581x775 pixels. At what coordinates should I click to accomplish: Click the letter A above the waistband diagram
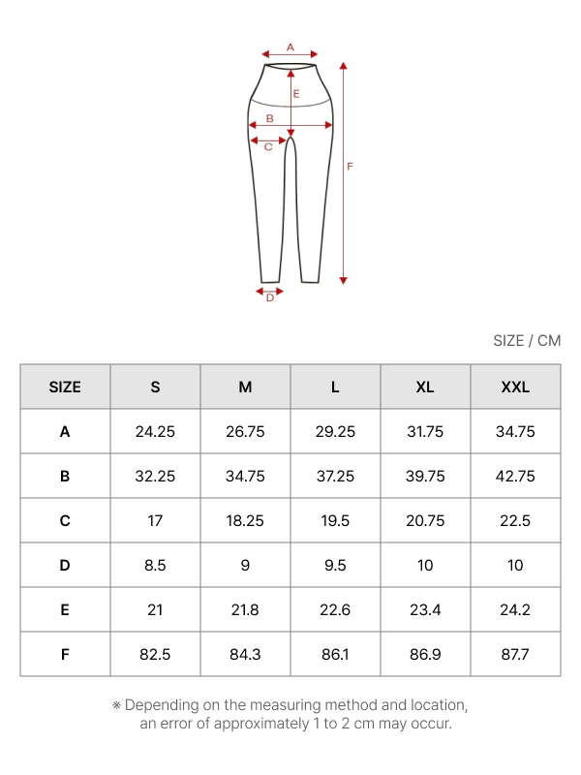pyautogui.click(x=290, y=47)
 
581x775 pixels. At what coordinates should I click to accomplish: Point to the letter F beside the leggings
pyautogui.click(x=350, y=167)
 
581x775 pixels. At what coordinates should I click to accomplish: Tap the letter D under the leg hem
pyautogui.click(x=270, y=297)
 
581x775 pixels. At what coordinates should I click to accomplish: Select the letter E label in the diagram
pyautogui.click(x=296, y=93)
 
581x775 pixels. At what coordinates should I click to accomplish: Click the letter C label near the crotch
pyautogui.click(x=268, y=147)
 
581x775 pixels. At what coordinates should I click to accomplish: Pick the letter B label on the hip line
pyautogui.click(x=270, y=118)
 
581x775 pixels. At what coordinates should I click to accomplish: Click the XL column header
pyautogui.click(x=425, y=387)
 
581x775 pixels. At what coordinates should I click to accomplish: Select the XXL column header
pyautogui.click(x=515, y=387)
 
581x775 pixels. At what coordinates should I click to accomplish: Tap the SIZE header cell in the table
pyautogui.click(x=65, y=387)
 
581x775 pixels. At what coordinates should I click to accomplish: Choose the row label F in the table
pyautogui.click(x=65, y=655)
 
